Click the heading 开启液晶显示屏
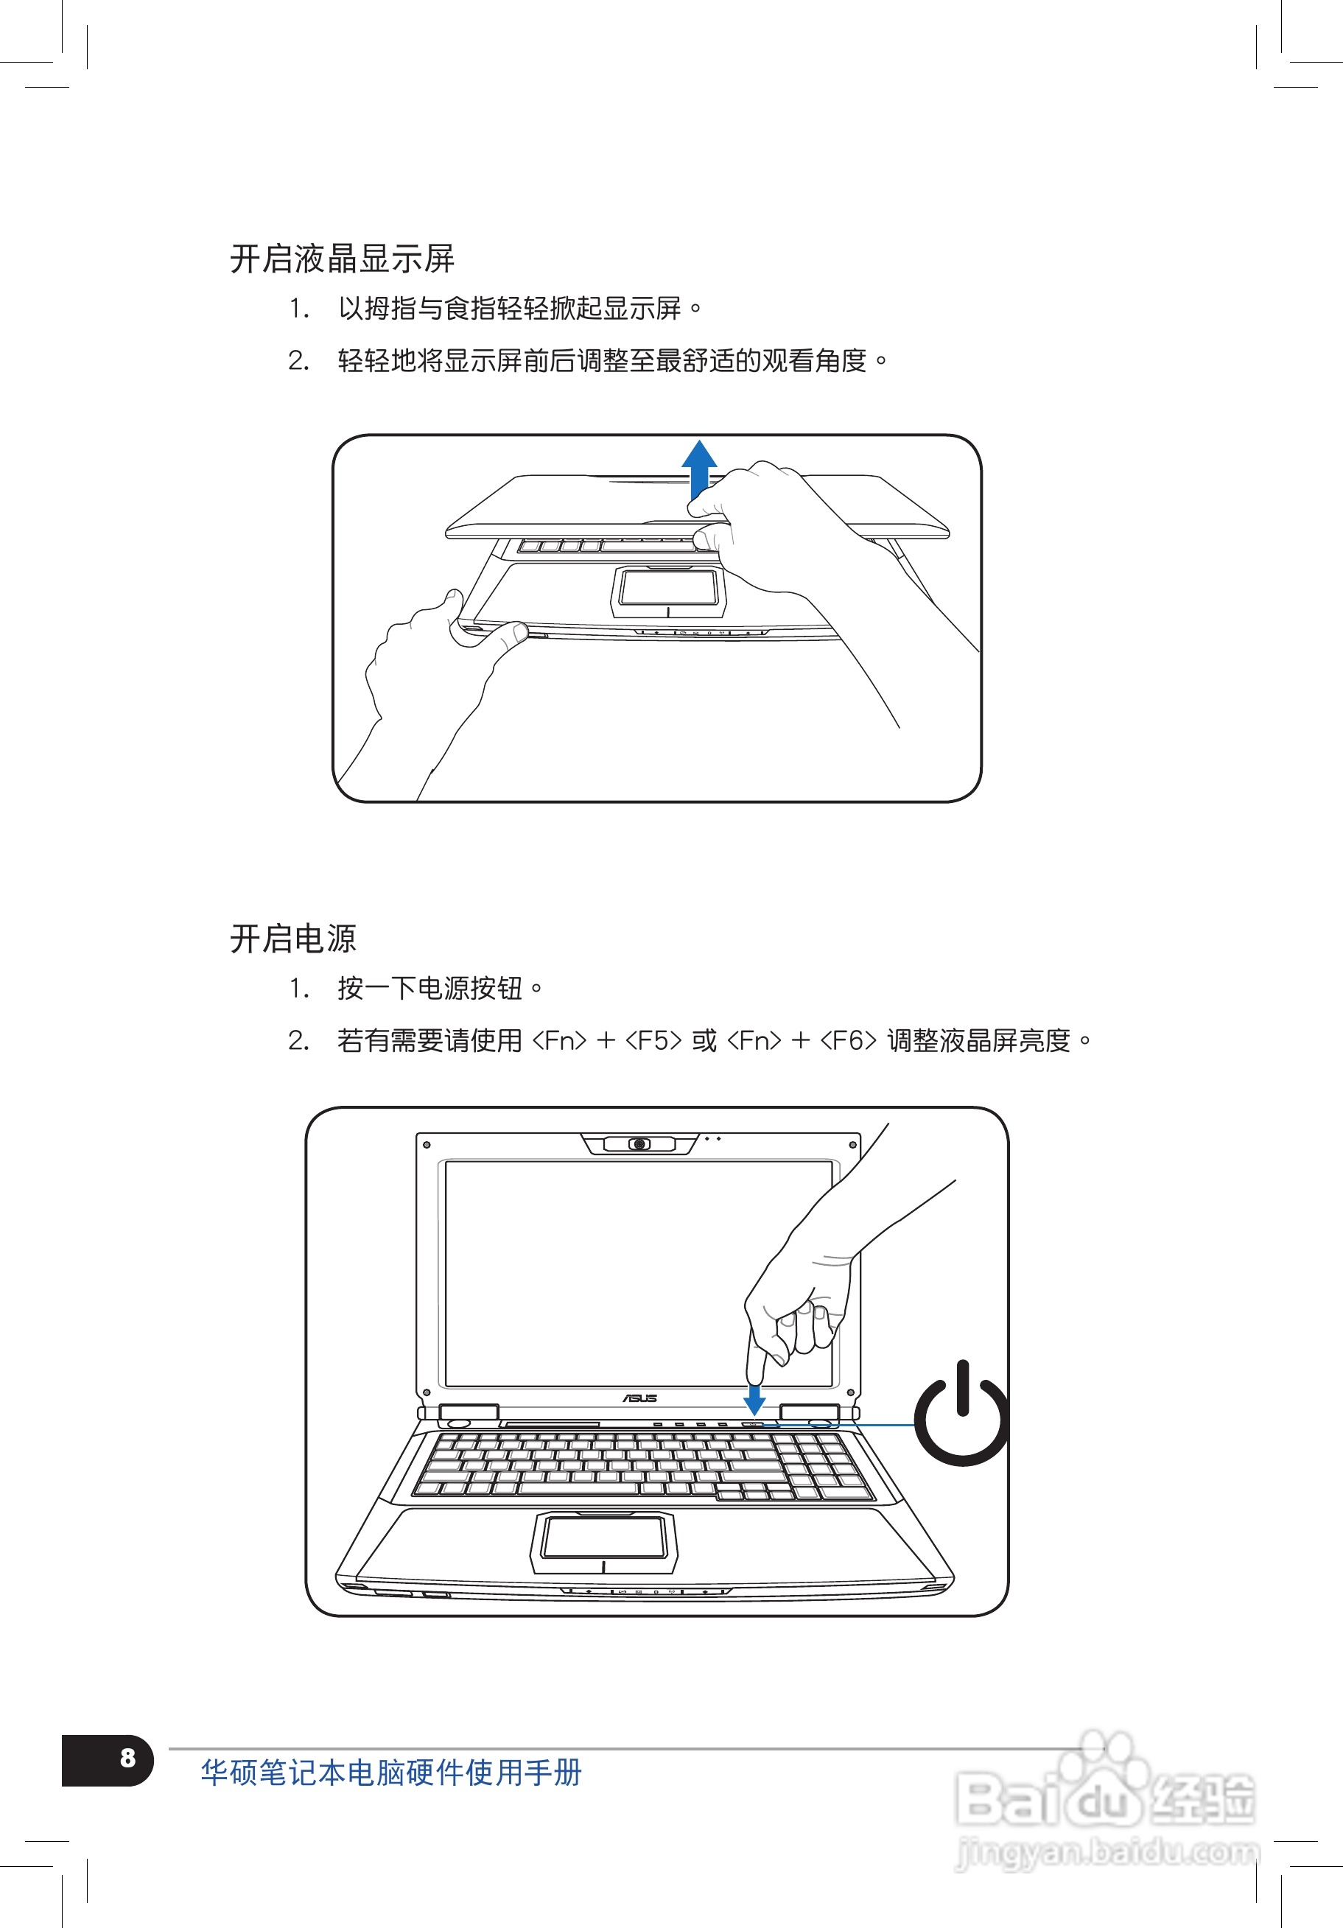[x=342, y=259]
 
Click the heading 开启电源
[x=293, y=938]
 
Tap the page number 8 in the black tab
[x=127, y=1758]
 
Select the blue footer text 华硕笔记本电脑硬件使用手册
[x=390, y=1773]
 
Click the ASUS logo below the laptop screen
[x=640, y=1398]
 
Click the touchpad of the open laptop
[x=603, y=1539]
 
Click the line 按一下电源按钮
[x=430, y=989]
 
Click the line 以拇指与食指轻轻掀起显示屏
[x=510, y=309]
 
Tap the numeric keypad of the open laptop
[x=821, y=1466]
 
